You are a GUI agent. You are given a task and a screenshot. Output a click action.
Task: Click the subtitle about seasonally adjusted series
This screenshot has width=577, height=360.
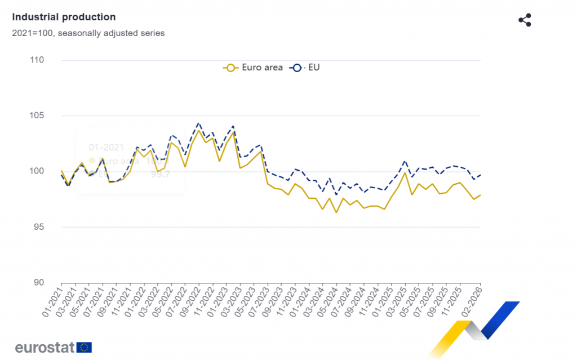pos(88,33)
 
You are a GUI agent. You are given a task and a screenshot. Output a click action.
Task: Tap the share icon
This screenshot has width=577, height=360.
pos(525,20)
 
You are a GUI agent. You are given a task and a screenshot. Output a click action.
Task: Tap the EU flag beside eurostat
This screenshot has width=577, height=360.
pos(85,347)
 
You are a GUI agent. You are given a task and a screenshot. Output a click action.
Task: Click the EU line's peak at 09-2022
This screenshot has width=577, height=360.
pos(198,123)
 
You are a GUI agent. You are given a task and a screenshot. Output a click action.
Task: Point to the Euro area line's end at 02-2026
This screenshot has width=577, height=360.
pos(480,195)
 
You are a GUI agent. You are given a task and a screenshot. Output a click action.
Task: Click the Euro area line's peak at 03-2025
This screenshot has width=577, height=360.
pos(405,172)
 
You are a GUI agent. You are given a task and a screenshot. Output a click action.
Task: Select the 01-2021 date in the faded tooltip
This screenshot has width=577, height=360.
pos(106,148)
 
